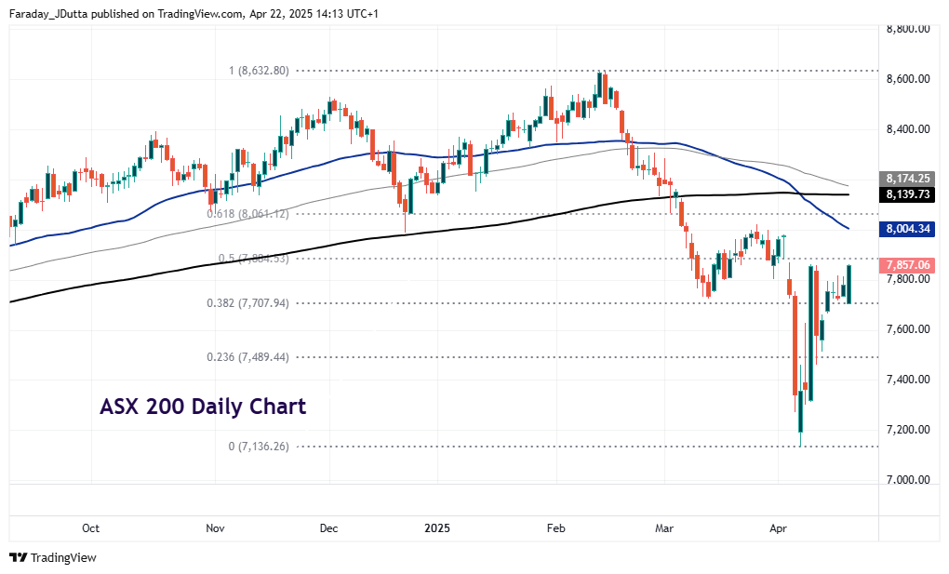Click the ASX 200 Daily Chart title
[x=203, y=407]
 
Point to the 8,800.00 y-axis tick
[x=908, y=29]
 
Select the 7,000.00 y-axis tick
[x=908, y=480]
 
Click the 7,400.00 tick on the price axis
[x=908, y=380]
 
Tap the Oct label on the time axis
[x=90, y=528]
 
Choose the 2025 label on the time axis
[x=437, y=528]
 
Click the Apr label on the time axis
[x=779, y=528]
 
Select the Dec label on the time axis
[x=328, y=528]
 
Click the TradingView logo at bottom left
[x=53, y=557]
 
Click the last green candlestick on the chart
[x=849, y=284]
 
